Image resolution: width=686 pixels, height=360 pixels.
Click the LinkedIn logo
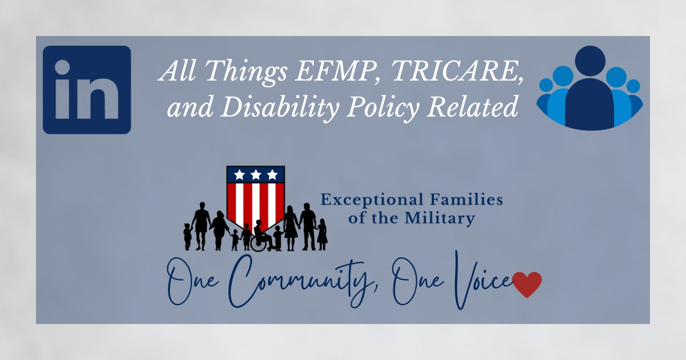click(87, 90)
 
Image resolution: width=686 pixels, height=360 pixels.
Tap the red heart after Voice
click(527, 284)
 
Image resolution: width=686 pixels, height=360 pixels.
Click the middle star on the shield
click(256, 174)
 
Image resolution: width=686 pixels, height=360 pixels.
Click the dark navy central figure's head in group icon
click(590, 61)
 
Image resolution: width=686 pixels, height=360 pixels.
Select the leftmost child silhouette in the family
click(188, 236)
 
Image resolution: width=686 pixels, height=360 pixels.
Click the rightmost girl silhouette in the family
click(322, 234)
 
